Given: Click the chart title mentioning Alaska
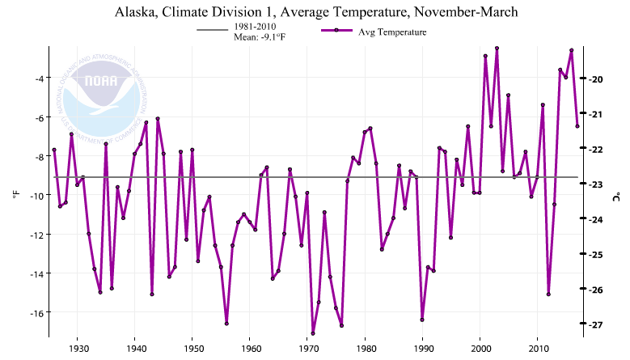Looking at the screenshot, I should coord(315,12).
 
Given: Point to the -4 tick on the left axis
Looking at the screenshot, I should coord(38,78).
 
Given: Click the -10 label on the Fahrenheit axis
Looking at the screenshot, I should coord(36,196).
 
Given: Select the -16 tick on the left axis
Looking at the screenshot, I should coord(36,312).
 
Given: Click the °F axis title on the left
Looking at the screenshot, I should coord(15,195).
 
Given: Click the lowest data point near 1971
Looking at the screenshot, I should coord(313,333).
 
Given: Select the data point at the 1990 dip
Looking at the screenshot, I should coord(422,320).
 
